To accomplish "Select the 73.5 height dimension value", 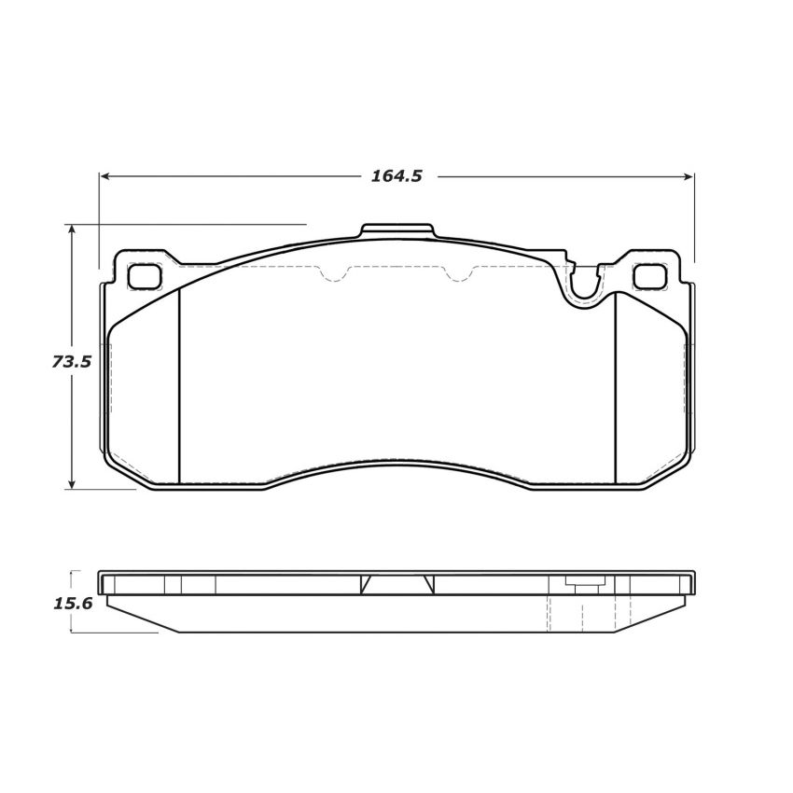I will (x=72, y=361).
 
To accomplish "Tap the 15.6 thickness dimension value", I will (x=73, y=603).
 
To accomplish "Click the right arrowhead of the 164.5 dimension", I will (x=689, y=175).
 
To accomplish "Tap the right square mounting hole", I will (x=649, y=275).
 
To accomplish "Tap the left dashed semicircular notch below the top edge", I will (x=334, y=273).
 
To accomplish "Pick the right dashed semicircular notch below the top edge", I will (x=458, y=273).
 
